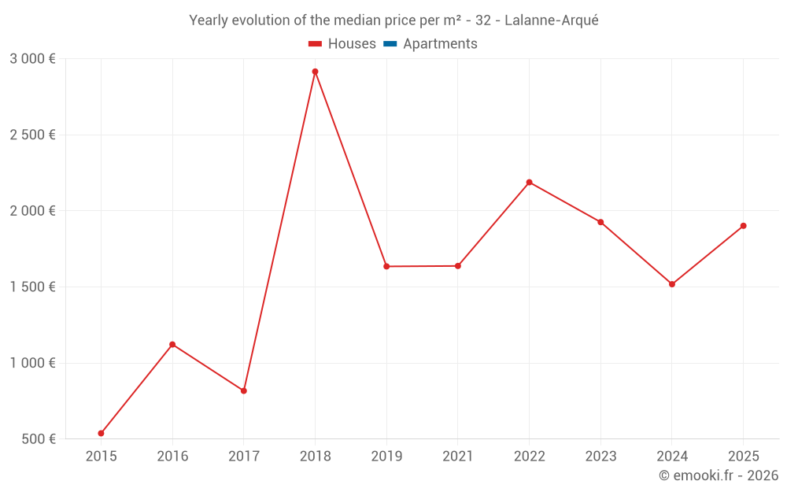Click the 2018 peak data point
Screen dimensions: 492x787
point(315,72)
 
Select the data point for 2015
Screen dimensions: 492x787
point(101,433)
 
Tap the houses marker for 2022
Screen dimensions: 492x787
point(529,182)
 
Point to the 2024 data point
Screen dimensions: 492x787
point(671,284)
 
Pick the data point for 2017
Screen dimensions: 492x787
point(244,390)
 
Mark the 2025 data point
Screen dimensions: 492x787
point(743,226)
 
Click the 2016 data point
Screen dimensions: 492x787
point(172,344)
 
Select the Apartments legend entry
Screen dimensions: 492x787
point(440,44)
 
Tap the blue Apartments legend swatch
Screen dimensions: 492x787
point(390,44)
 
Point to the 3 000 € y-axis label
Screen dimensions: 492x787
point(32,59)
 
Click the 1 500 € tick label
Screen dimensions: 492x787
point(32,287)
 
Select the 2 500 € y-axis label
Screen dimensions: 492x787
point(32,135)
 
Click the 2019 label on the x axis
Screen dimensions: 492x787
point(386,456)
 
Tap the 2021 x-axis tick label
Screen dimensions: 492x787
point(457,456)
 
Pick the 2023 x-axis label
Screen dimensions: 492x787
point(600,456)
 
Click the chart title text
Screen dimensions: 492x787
point(393,20)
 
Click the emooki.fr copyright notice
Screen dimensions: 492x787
point(718,475)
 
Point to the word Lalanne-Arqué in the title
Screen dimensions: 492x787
point(551,20)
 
